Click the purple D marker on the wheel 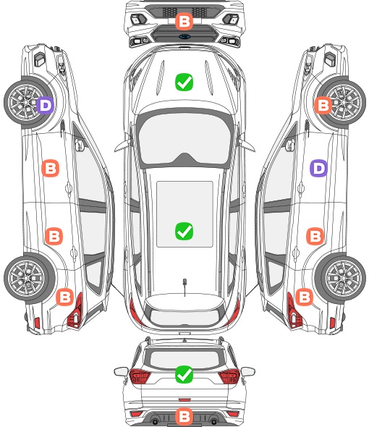tap(46, 105)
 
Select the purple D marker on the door tap(318, 169)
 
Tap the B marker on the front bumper tap(184, 21)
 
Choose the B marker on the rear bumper tap(184, 416)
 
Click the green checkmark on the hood tap(184, 82)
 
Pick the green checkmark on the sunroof tap(184, 231)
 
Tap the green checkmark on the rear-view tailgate tap(184, 374)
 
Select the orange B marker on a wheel tap(323, 105)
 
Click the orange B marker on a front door tap(50, 169)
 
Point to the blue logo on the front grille tap(184, 36)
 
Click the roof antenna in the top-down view tap(184, 283)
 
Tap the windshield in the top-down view tap(184, 139)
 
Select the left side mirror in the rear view tap(121, 371)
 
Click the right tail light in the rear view tap(229, 376)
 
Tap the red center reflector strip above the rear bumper tap(184, 399)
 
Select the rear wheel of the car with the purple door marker tap(341, 279)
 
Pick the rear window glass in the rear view tap(184, 359)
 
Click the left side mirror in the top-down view tap(122, 144)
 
